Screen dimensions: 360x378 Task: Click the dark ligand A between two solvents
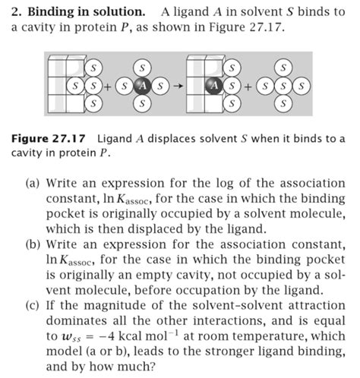[x=141, y=85]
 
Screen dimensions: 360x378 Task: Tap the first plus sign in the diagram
[x=109, y=85]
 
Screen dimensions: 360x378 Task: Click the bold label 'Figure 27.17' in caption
[x=51, y=138]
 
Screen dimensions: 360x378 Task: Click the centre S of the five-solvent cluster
[x=284, y=85]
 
